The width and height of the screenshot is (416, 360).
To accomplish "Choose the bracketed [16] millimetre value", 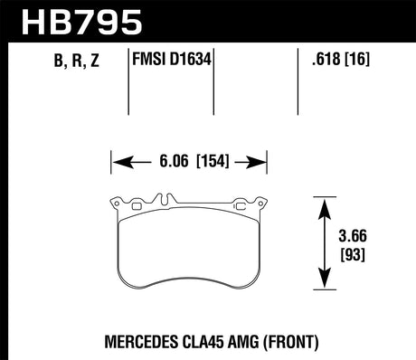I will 356,62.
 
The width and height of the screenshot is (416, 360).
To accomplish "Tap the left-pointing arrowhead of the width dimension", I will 118,164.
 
